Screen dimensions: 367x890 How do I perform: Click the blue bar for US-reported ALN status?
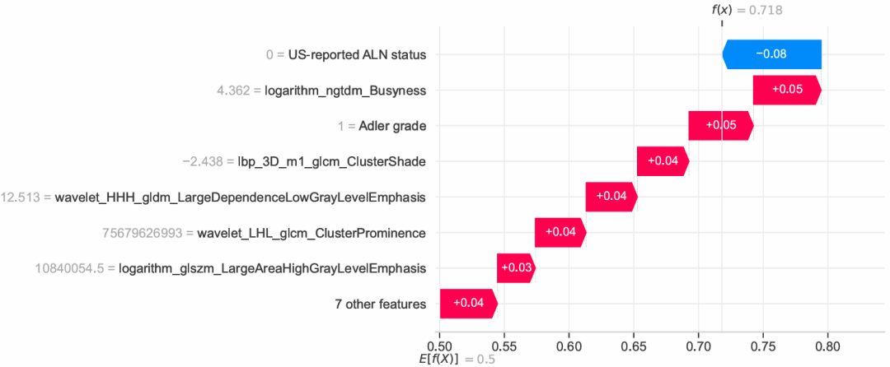772,54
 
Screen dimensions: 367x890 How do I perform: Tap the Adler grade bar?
721,125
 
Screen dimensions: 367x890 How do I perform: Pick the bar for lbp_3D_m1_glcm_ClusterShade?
663,161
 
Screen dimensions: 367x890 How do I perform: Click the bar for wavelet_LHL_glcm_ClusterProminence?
560,233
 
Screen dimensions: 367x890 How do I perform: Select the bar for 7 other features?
468,304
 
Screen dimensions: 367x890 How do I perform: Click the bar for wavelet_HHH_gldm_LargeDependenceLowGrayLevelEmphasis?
611,197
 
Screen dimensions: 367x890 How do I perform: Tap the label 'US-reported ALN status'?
357,54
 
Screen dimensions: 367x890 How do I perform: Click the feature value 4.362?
236,91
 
